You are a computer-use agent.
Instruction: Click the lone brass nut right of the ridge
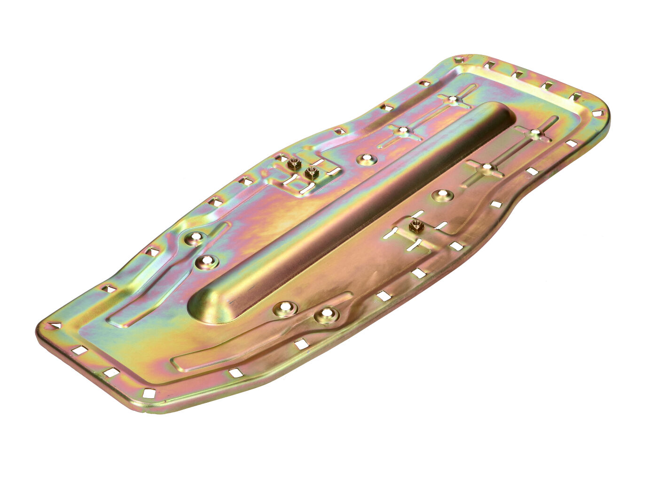point(415,226)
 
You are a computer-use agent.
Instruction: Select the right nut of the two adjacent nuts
point(310,173)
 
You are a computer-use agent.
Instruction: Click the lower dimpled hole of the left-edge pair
point(205,262)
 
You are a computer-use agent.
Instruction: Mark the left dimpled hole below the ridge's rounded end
point(285,308)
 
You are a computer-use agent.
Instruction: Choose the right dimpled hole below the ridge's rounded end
point(326,316)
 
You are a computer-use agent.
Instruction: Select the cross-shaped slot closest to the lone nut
point(487,168)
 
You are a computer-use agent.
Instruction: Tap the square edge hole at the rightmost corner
point(598,113)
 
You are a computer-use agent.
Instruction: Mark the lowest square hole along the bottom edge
point(149,393)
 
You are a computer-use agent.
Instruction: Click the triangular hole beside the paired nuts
point(282,157)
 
